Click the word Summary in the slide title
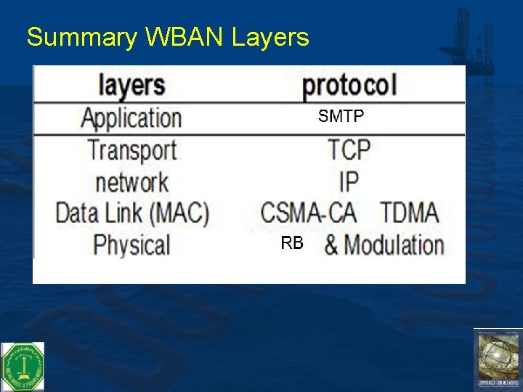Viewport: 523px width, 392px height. tap(80, 37)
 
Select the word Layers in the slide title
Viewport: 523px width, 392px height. tap(270, 37)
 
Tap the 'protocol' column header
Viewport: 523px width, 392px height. tap(349, 86)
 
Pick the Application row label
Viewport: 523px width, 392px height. tap(131, 118)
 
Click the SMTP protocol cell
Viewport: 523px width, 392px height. tap(341, 116)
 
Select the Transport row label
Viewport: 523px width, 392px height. tap(132, 150)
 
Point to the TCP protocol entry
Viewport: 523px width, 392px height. tap(349, 150)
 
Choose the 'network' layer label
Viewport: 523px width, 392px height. tap(131, 181)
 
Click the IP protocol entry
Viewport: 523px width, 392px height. tap(349, 181)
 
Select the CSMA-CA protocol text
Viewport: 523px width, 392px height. tap(309, 213)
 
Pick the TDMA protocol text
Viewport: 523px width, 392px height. tap(409, 213)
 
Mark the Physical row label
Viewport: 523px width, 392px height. tap(131, 245)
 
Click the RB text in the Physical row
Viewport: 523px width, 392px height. tap(292, 244)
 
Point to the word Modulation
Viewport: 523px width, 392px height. tap(394, 245)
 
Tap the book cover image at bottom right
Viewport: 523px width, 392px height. tap(498, 359)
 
